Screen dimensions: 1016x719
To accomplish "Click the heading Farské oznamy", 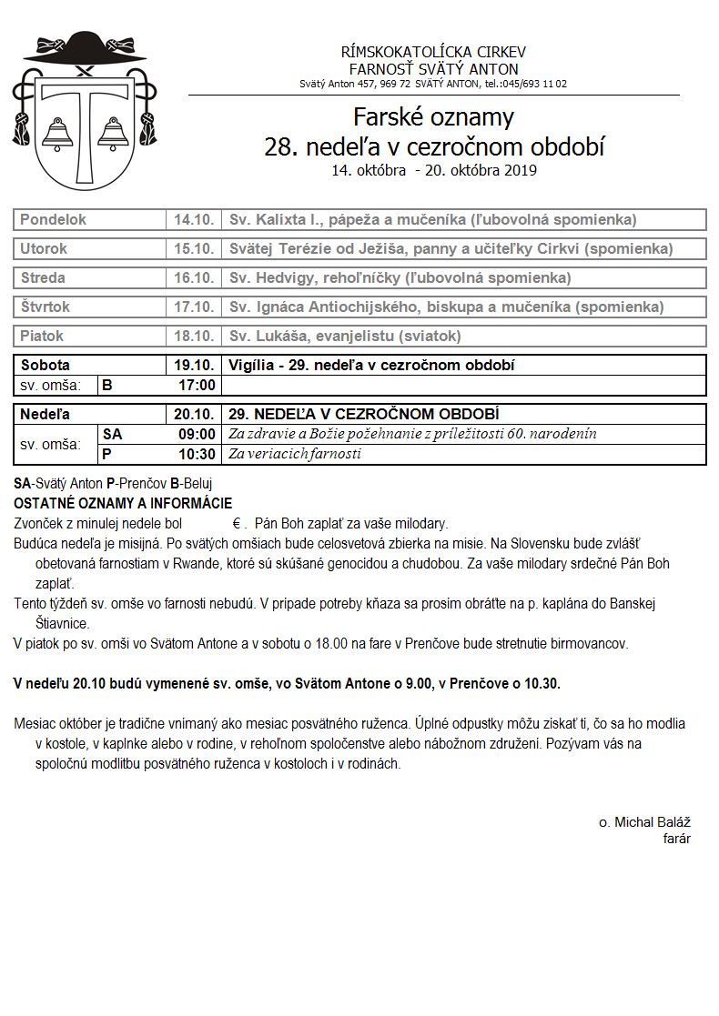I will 434,117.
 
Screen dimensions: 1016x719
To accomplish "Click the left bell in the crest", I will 57,134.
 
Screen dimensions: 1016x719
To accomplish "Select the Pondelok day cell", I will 54,220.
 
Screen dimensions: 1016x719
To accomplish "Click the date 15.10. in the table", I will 194,249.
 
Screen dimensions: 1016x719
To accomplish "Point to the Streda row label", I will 43,278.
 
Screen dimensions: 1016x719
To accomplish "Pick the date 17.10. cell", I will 194,307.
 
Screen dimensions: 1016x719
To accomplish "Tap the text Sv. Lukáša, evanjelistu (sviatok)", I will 345,337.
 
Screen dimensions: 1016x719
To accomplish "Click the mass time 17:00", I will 197,386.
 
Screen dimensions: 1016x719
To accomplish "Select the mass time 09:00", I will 197,435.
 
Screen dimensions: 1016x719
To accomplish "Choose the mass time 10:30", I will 197,454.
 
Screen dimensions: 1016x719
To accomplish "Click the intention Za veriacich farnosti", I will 295,454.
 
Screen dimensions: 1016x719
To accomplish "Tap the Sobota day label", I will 46,366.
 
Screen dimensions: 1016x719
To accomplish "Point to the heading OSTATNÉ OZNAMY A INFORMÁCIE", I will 123,503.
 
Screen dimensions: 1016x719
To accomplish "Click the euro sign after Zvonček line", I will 236,524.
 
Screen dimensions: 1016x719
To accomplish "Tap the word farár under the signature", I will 676,839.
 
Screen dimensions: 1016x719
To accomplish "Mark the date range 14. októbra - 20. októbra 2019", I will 434,170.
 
